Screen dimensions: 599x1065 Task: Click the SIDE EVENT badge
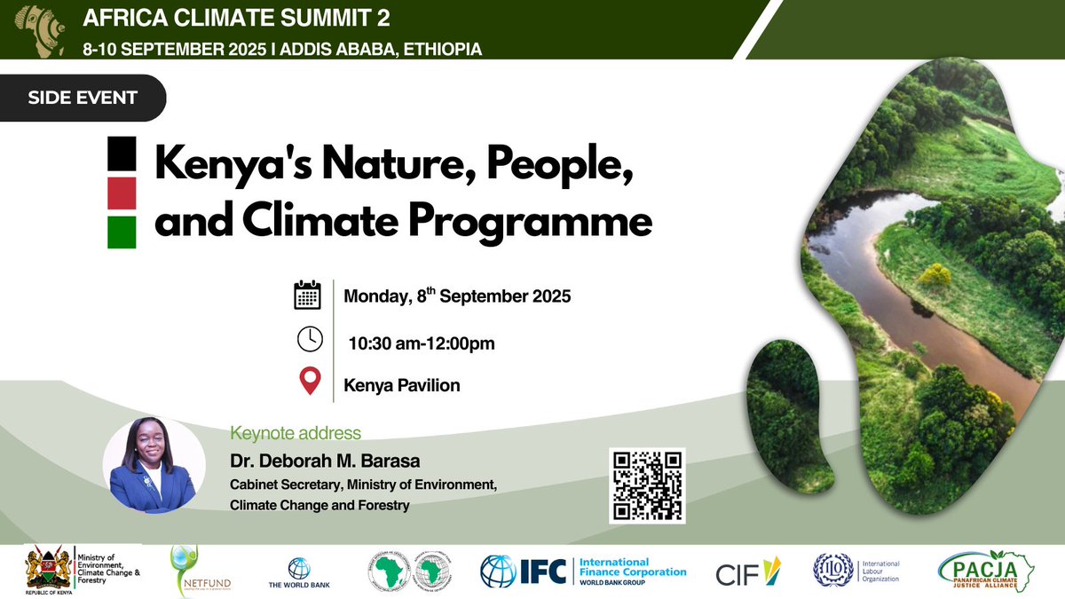83,98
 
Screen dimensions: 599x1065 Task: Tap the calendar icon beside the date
307,295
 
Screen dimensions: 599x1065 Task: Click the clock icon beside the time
308,340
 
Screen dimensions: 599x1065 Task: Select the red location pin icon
309,382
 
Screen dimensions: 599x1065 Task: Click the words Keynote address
296,434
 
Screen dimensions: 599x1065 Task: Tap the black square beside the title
122,154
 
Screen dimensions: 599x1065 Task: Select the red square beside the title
122,193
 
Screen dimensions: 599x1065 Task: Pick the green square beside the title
122,232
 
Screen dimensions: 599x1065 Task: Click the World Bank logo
298,572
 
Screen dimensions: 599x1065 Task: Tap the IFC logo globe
498,571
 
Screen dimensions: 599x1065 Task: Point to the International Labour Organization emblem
831,570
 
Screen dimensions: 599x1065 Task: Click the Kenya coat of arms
48,568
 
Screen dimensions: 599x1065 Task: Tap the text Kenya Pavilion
402,386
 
